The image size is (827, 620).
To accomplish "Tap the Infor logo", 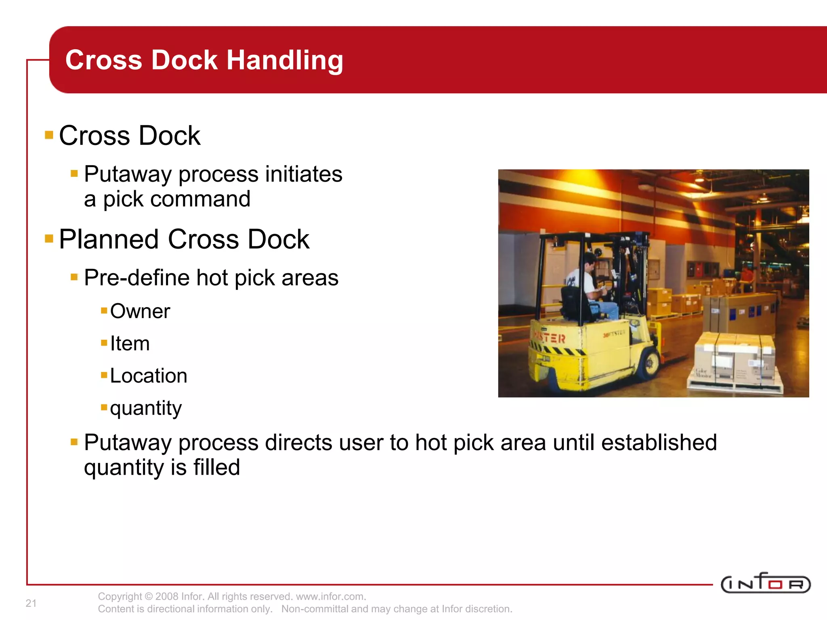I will tap(765, 584).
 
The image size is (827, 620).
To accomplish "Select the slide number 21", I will tap(31, 603).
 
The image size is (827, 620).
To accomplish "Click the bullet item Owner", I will tap(140, 311).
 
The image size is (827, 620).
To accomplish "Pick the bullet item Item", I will tap(130, 344).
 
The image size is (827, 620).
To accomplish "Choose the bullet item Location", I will tap(148, 376).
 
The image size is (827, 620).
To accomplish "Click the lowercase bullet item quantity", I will tap(146, 408).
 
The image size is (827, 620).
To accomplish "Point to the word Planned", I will tap(109, 239).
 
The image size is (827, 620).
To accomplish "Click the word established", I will tap(659, 442).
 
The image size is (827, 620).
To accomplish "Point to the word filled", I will tap(216, 467).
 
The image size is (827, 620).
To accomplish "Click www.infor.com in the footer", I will tap(330, 597).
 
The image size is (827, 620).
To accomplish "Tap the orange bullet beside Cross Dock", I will tap(49, 135).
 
